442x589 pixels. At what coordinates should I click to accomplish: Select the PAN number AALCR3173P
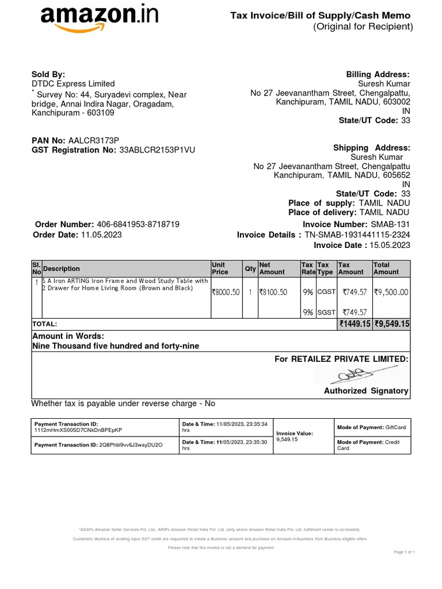(x=93, y=140)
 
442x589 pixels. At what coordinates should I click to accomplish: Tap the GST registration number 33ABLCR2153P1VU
(x=157, y=150)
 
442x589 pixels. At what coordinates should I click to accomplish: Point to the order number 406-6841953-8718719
(x=138, y=224)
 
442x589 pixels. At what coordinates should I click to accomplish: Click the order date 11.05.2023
(x=101, y=235)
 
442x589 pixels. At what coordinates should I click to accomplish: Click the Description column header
(x=62, y=269)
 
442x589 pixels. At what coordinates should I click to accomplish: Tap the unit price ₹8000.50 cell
(x=226, y=292)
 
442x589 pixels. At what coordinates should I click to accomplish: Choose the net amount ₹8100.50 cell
(x=273, y=292)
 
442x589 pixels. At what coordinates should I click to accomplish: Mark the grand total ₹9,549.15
(x=392, y=324)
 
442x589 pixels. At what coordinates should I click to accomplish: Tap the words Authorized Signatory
(x=366, y=391)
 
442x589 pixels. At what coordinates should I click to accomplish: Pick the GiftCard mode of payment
(x=396, y=427)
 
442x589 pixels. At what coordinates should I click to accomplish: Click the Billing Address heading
(x=378, y=74)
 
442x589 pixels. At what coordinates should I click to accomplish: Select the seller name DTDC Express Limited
(x=73, y=84)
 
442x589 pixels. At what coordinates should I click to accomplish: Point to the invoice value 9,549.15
(x=287, y=439)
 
